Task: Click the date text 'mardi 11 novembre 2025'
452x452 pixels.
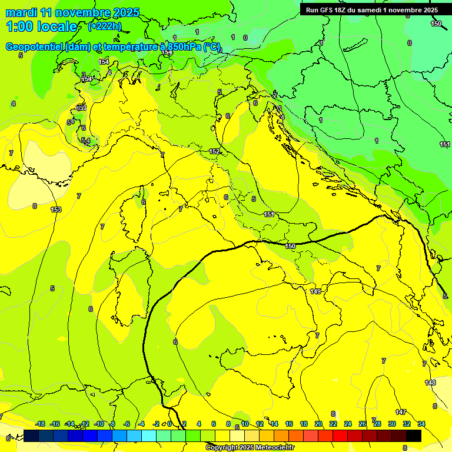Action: click(x=72, y=12)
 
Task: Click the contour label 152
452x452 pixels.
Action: click(x=214, y=151)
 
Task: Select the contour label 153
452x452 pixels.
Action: click(x=56, y=210)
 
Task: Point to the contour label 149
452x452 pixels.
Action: click(x=315, y=291)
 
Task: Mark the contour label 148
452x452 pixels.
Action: click(x=431, y=383)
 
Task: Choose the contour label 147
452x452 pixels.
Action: click(x=401, y=412)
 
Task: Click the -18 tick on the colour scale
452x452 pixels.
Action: click(x=41, y=424)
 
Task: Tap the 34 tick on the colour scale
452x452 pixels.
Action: click(x=421, y=424)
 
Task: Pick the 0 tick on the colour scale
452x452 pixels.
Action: click(x=169, y=424)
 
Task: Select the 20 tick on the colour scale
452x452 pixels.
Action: click(x=318, y=424)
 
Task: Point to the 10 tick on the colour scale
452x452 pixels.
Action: click(x=245, y=424)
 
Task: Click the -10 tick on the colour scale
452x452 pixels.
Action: click(x=99, y=424)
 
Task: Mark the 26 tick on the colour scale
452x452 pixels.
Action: click(x=363, y=424)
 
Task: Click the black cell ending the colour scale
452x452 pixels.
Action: click(x=414, y=436)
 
